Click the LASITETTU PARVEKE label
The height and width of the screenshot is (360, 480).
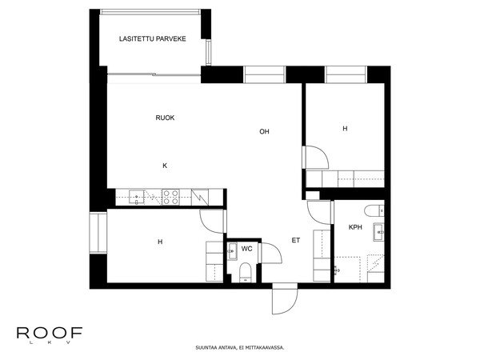[152, 38]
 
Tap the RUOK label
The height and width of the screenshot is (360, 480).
[165, 118]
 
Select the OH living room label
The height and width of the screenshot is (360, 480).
[264, 131]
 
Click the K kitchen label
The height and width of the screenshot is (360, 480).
[165, 166]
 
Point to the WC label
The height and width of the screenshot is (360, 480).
[247, 249]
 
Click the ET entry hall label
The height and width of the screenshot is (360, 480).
[295, 240]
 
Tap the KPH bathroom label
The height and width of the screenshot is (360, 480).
[356, 227]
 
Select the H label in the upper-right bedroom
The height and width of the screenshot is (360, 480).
[345, 128]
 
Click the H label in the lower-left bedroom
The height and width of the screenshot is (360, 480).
[160, 242]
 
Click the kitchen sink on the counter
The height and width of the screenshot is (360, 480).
[138, 194]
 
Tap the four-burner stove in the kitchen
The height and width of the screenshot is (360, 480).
[170, 194]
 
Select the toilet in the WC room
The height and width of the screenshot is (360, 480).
[246, 276]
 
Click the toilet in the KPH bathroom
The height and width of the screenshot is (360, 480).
[371, 211]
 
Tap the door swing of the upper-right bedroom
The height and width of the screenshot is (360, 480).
[314, 157]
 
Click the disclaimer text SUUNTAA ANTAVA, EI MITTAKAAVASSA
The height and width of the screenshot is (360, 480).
[240, 348]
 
